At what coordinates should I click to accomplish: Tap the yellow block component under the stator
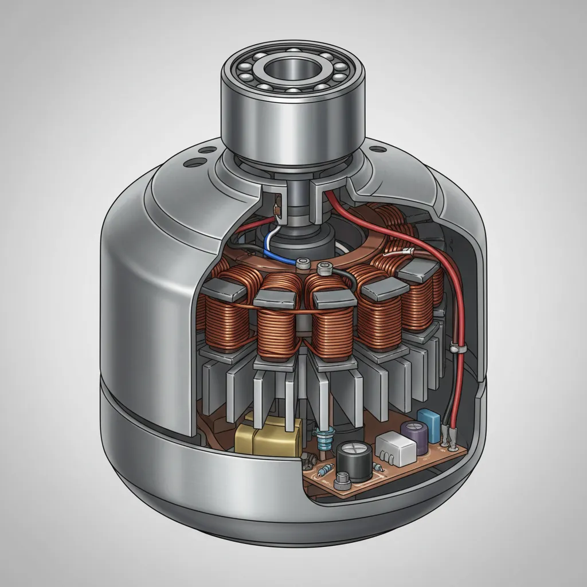click(268, 437)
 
